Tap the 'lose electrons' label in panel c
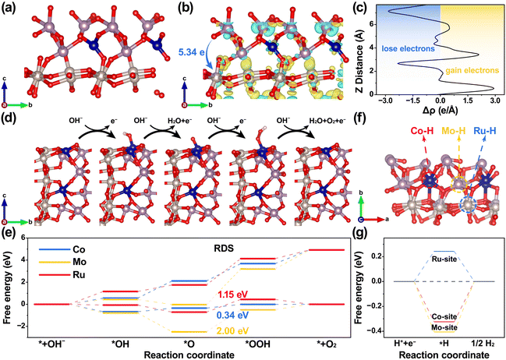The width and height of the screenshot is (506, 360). pyautogui.click(x=409, y=49)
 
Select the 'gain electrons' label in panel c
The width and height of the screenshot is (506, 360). pyautogui.click(x=472, y=70)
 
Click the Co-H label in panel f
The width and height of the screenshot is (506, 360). pyautogui.click(x=423, y=130)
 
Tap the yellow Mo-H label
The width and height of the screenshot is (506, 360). pyautogui.click(x=454, y=130)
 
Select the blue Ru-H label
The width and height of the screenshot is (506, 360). pyautogui.click(x=486, y=130)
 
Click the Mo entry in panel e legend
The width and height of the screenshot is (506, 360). pyautogui.click(x=80, y=262)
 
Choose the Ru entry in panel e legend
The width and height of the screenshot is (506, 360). pyautogui.click(x=79, y=275)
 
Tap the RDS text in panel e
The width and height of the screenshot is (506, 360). pyautogui.click(x=223, y=249)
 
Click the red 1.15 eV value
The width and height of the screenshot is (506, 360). pyautogui.click(x=233, y=295)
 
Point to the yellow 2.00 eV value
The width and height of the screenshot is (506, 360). pyautogui.click(x=233, y=331)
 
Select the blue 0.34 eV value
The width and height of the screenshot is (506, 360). pyautogui.click(x=233, y=315)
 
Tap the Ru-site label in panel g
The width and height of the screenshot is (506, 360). pyautogui.click(x=444, y=259)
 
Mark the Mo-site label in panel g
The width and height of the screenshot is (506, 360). pyautogui.click(x=444, y=327)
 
